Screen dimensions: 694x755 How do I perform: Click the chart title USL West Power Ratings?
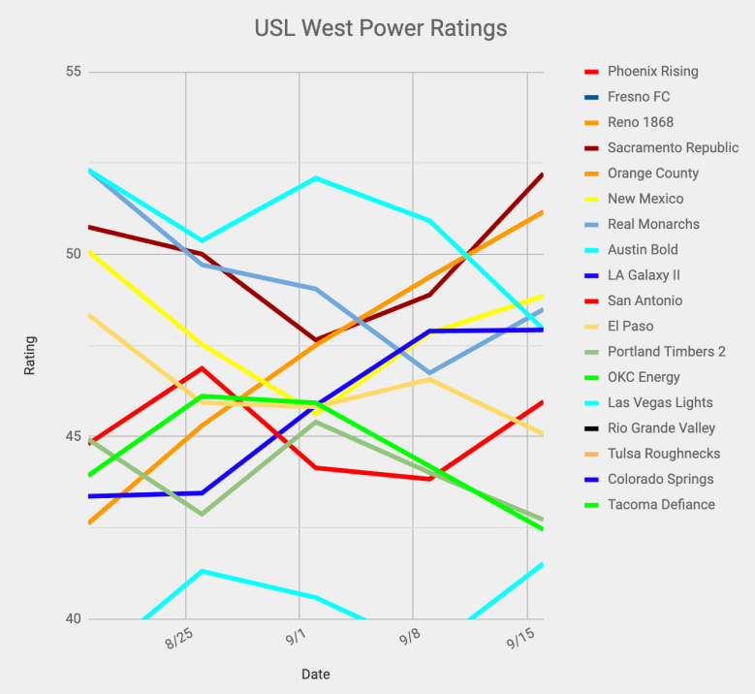380,27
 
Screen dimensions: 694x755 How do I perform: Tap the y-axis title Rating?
31,355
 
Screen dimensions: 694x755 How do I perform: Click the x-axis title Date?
315,674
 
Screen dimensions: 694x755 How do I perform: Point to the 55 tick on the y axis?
72,72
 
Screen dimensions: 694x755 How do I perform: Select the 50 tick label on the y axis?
72,254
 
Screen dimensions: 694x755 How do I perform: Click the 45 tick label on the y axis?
72,436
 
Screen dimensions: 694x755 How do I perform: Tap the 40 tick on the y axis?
72,618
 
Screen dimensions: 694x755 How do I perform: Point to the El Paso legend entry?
630,327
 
